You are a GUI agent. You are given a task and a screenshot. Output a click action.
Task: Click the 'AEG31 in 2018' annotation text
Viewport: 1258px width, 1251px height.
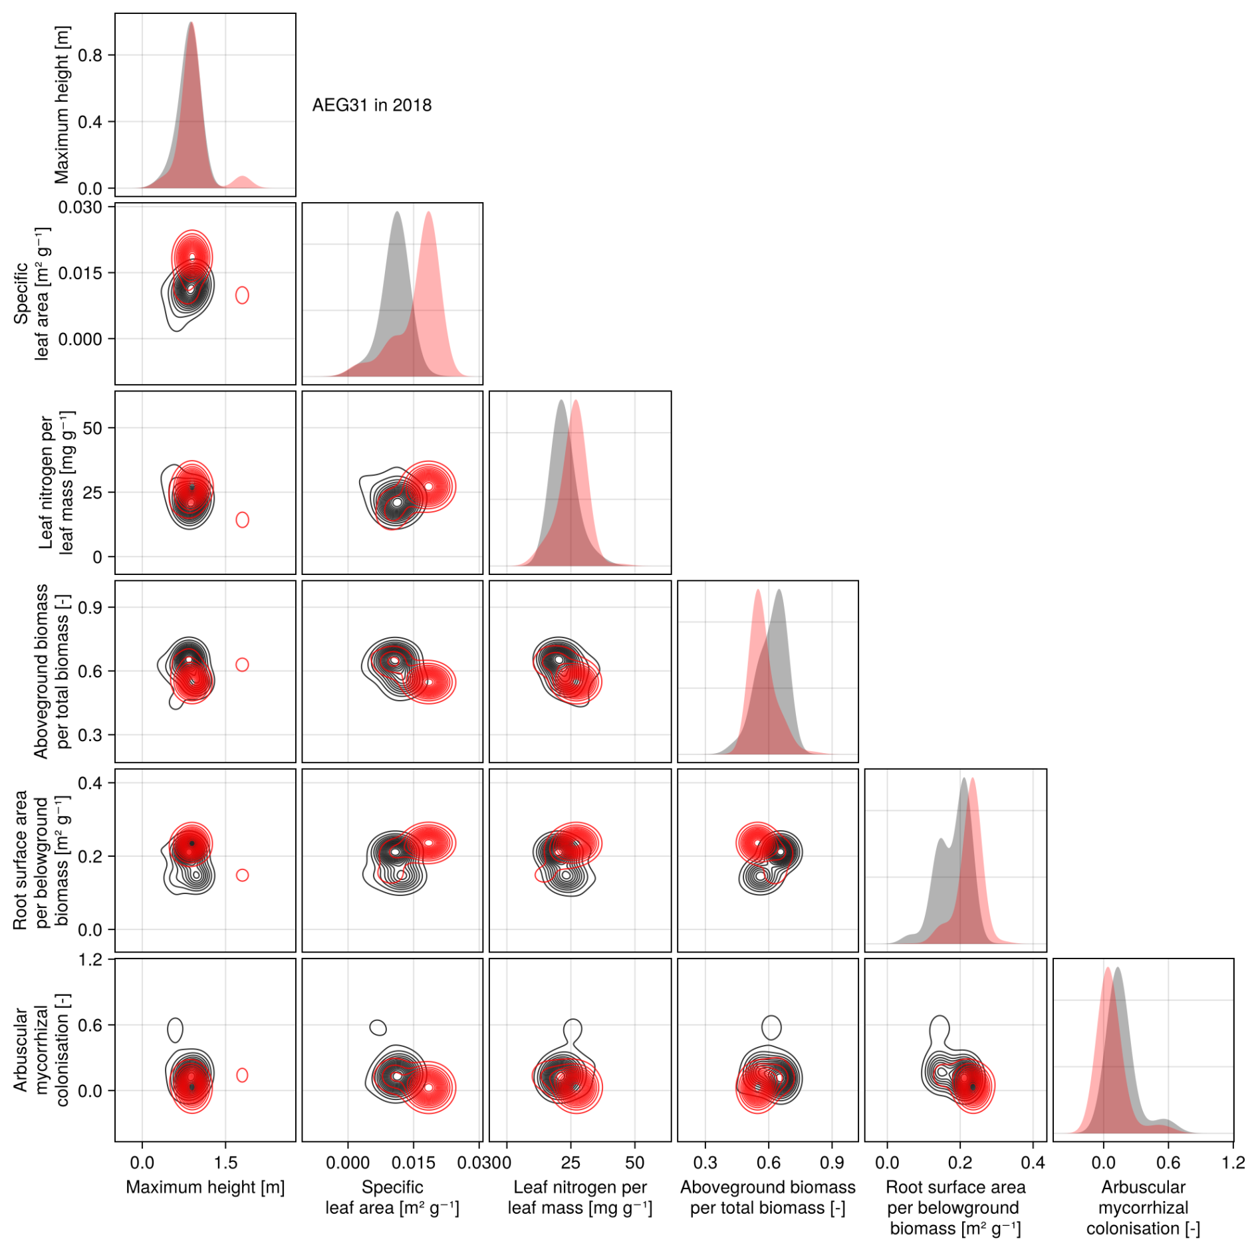pyautogui.click(x=372, y=105)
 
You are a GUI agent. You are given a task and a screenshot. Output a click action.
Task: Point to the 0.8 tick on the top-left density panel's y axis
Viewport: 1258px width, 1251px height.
pyautogui.click(x=90, y=55)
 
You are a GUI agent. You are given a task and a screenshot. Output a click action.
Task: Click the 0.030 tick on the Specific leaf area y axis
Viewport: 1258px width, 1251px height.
pyautogui.click(x=80, y=207)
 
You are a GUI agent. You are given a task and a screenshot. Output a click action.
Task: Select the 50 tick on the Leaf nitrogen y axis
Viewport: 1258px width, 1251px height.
pyautogui.click(x=92, y=428)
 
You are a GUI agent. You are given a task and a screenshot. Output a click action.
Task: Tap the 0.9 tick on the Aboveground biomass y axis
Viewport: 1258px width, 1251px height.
pyautogui.click(x=90, y=608)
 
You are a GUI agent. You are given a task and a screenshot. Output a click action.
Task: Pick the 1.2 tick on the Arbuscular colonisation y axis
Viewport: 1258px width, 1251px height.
pyautogui.click(x=90, y=960)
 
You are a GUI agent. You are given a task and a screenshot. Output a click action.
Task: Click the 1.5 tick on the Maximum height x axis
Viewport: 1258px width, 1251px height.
pyautogui.click(x=225, y=1163)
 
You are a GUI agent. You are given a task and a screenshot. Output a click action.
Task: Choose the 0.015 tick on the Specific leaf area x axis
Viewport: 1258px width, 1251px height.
pyautogui.click(x=413, y=1163)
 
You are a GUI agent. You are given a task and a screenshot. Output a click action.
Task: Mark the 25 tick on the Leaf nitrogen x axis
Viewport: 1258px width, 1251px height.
pyautogui.click(x=570, y=1163)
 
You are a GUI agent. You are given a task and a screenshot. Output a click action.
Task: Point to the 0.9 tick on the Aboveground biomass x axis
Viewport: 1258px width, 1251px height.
pyautogui.click(x=832, y=1163)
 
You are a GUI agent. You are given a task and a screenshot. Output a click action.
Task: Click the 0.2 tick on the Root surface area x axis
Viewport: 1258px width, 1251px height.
pyautogui.click(x=960, y=1163)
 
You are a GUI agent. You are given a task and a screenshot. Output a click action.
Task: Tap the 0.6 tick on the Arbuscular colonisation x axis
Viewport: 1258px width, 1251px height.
pyautogui.click(x=1168, y=1163)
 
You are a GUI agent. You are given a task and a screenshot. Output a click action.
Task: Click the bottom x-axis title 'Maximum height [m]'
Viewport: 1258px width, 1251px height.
pyautogui.click(x=205, y=1187)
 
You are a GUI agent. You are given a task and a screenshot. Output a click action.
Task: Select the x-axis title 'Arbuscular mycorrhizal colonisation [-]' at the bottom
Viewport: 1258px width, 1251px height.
pyautogui.click(x=1143, y=1207)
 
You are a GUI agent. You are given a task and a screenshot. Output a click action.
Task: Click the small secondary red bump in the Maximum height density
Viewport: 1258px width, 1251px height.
pyautogui.click(x=243, y=181)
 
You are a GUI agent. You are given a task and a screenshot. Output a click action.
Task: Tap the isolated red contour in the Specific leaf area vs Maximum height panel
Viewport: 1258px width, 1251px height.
pyautogui.click(x=242, y=295)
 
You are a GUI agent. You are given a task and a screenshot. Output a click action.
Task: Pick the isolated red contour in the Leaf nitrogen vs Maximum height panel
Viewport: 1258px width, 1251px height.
pyautogui.click(x=242, y=520)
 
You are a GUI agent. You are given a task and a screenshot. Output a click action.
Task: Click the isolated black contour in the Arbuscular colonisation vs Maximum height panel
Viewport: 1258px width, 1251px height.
pyautogui.click(x=175, y=1030)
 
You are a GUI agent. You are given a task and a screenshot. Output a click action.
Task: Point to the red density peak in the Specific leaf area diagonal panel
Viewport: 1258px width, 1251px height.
pyautogui.click(x=429, y=214)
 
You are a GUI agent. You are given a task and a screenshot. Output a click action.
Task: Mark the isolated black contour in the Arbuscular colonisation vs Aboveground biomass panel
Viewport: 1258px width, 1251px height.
pyautogui.click(x=771, y=1028)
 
